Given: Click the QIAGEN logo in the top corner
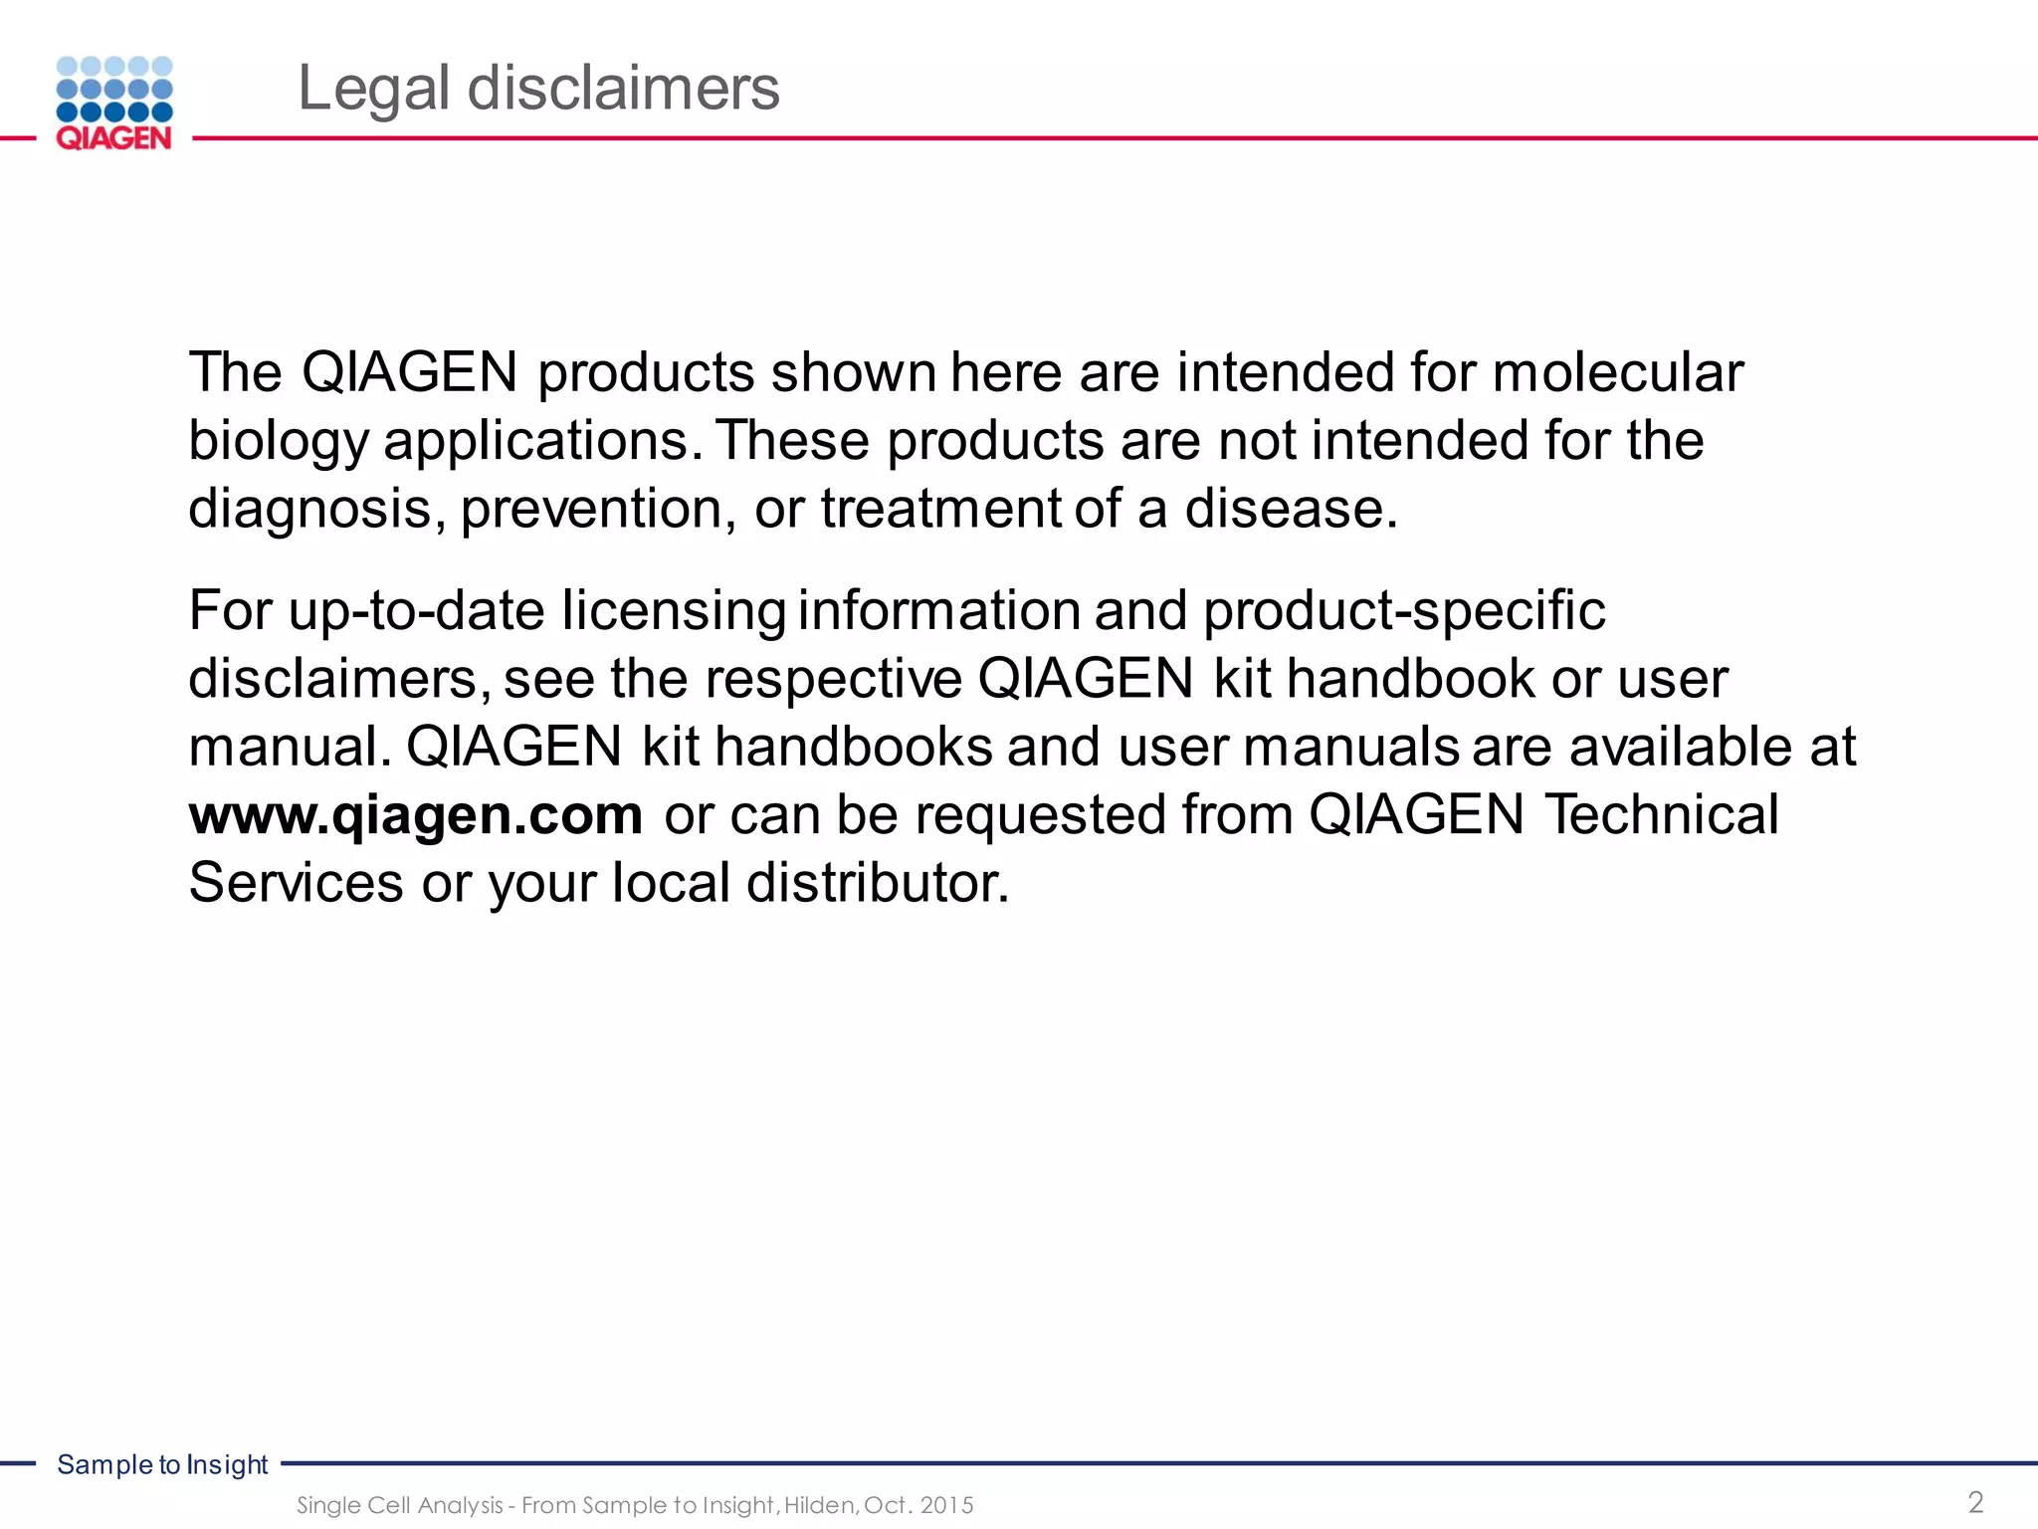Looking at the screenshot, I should (114, 104).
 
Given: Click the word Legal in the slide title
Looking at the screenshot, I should (373, 89).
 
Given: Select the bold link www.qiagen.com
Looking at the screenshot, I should (416, 814).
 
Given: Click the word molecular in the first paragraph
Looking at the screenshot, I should (1618, 372).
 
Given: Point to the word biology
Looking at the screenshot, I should (278, 442).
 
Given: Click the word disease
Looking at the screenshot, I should (1291, 510).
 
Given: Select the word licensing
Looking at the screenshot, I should (673, 610).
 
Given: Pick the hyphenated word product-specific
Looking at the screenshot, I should (1404, 610).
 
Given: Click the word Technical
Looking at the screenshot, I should (1661, 814).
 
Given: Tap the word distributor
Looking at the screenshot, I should (878, 883).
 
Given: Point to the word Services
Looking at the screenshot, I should (296, 883).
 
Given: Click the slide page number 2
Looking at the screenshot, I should (1975, 1501).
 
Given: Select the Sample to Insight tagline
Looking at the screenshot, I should (162, 1464).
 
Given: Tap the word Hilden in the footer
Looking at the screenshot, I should (820, 1505).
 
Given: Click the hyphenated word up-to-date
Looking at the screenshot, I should (416, 610).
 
